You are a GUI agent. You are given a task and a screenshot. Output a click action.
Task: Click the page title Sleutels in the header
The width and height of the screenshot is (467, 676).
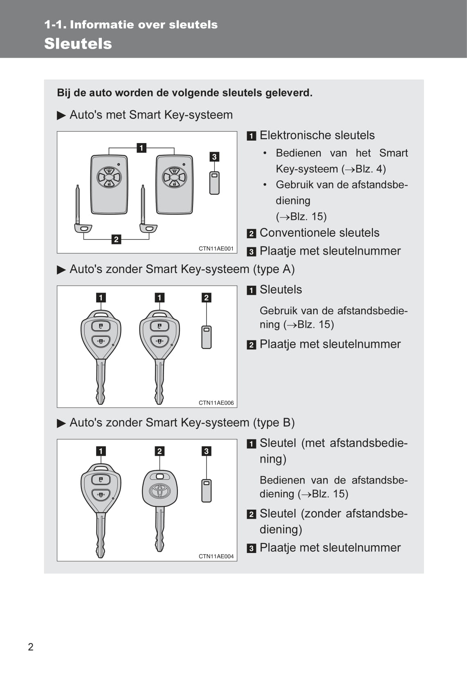click(78, 44)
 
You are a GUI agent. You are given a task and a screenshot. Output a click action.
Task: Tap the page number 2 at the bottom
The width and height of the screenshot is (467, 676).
click(31, 647)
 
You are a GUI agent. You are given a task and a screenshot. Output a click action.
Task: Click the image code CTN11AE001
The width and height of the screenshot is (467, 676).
click(216, 248)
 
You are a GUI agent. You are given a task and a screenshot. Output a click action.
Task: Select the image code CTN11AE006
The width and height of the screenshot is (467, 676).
click(216, 403)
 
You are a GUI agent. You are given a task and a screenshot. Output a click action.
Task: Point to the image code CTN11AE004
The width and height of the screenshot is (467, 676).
click(216, 556)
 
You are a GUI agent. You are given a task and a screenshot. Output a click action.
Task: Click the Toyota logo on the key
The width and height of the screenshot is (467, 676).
click(159, 490)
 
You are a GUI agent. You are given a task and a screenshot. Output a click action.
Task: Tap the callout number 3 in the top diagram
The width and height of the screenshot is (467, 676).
click(214, 157)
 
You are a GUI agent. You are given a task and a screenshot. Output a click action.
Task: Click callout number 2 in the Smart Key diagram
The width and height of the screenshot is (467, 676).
click(116, 240)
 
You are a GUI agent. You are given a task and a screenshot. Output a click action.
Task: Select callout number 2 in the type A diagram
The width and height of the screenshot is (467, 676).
click(206, 298)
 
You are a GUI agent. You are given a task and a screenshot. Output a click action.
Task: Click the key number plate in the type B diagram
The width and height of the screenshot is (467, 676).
click(207, 490)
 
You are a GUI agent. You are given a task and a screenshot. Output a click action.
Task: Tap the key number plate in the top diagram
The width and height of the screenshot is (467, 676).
click(214, 183)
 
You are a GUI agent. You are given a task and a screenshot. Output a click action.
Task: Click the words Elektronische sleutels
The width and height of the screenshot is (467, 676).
click(317, 135)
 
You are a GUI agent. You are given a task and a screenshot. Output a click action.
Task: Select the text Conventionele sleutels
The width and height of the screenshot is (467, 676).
click(319, 233)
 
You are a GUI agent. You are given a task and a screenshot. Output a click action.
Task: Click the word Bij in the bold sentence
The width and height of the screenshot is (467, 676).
click(64, 93)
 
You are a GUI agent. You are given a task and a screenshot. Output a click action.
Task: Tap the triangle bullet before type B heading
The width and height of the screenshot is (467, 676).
click(61, 423)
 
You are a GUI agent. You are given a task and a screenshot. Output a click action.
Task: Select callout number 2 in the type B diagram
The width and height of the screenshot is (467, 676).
click(159, 451)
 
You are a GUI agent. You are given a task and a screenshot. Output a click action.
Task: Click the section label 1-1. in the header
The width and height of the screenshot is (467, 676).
click(55, 25)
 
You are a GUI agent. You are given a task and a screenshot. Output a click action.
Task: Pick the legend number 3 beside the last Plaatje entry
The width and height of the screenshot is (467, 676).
click(251, 548)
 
